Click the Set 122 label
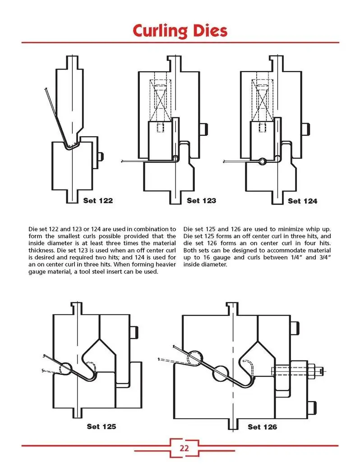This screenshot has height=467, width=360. (x=98, y=200)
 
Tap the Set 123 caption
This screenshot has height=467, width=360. (x=201, y=200)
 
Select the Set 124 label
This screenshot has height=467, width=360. (x=302, y=201)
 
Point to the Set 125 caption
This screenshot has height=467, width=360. (x=101, y=425)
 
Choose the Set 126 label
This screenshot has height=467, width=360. (x=262, y=426)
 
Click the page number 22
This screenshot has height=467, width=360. (x=184, y=448)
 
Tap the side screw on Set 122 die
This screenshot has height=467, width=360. (x=101, y=156)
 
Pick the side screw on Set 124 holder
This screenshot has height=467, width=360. (x=306, y=129)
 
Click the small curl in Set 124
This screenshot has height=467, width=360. (x=261, y=161)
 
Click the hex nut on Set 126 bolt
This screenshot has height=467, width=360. (x=312, y=370)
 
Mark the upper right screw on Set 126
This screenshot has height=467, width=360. (x=295, y=328)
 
